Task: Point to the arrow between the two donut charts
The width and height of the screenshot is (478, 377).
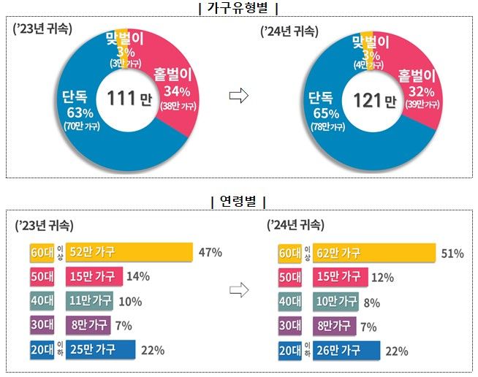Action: pos(239,97)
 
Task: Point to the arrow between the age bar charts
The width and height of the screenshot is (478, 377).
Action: pos(239,290)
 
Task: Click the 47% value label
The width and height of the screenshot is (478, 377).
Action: pos(210,253)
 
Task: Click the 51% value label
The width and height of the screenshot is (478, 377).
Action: pos(452,254)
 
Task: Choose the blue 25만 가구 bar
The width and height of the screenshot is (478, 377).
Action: pos(94,350)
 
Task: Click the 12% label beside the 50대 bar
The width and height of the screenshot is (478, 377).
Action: pos(383,277)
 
